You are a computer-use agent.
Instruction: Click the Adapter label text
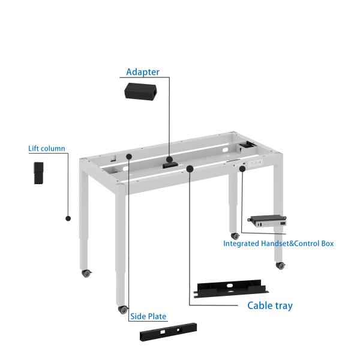[x=143, y=72]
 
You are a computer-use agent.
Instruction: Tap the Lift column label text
[x=47, y=149]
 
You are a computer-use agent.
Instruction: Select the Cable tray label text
[x=270, y=305]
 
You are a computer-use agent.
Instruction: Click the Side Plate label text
[x=148, y=316]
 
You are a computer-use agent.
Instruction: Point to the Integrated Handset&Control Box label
[x=278, y=244]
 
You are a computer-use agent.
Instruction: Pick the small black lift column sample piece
[x=38, y=173]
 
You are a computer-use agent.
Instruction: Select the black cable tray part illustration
[x=231, y=286]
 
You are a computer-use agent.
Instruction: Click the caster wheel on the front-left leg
[x=123, y=310]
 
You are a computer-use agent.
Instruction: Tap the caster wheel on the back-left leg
[x=87, y=273]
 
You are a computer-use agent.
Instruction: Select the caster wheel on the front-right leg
[x=280, y=264]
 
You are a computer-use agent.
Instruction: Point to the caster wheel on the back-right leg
[x=235, y=236]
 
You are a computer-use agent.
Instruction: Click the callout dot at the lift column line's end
[x=68, y=218]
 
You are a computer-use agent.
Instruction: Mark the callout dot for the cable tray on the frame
[x=190, y=169]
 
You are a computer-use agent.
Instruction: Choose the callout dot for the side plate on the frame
[x=128, y=157]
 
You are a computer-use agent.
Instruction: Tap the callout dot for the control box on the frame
[x=242, y=169]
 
